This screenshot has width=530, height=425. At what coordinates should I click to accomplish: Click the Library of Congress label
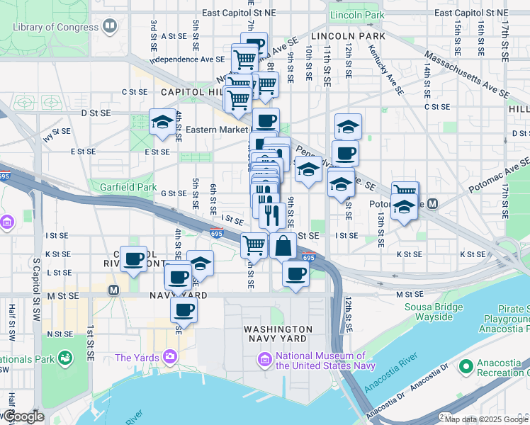click(x=56, y=27)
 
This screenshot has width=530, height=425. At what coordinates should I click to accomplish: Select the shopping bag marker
click(x=283, y=246)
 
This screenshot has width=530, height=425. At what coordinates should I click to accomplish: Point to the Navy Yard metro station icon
click(x=113, y=290)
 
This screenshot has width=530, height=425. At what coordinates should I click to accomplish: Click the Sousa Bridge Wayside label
click(x=429, y=312)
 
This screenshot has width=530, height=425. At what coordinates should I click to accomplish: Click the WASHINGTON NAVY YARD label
click(x=277, y=334)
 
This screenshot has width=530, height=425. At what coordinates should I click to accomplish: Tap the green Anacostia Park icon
click(x=66, y=358)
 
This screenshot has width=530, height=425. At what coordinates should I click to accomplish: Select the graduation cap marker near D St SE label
click(x=162, y=123)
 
